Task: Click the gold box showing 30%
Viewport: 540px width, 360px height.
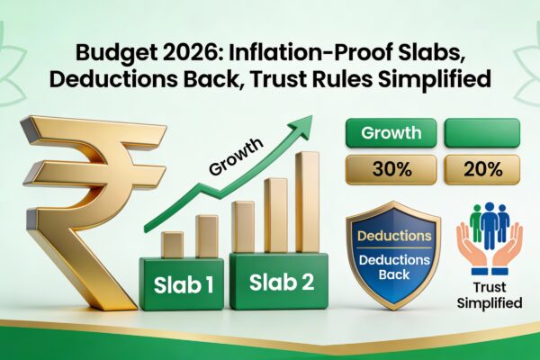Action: pyautogui.click(x=391, y=168)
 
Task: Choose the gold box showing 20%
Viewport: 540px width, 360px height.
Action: pyautogui.click(x=481, y=168)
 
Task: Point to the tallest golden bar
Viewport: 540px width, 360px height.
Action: pyautogui.click(x=308, y=202)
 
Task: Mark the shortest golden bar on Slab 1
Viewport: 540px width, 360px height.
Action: pyautogui.click(x=172, y=245)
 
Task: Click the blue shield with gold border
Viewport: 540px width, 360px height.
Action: pyautogui.click(x=395, y=257)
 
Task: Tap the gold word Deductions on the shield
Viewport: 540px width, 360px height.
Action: pyautogui.click(x=395, y=238)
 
